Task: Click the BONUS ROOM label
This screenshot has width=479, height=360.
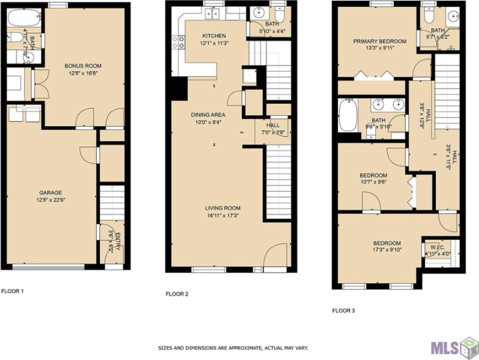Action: click(83, 66)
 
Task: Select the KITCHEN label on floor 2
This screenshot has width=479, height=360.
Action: click(214, 36)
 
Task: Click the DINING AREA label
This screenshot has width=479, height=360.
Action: click(208, 115)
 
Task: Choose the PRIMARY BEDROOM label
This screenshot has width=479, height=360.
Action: click(379, 42)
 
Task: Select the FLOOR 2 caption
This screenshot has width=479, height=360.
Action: click(178, 293)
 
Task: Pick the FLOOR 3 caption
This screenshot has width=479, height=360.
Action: click(344, 310)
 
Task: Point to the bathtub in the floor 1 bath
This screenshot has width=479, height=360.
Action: click(22, 18)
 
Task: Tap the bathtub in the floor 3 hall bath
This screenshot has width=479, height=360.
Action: click(347, 115)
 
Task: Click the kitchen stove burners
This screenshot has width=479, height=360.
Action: click(178, 42)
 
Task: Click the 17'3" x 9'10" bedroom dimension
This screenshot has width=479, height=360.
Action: click(387, 251)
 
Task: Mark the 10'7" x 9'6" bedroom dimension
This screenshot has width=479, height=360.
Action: click(373, 183)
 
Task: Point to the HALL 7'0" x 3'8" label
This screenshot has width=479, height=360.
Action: click(273, 129)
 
